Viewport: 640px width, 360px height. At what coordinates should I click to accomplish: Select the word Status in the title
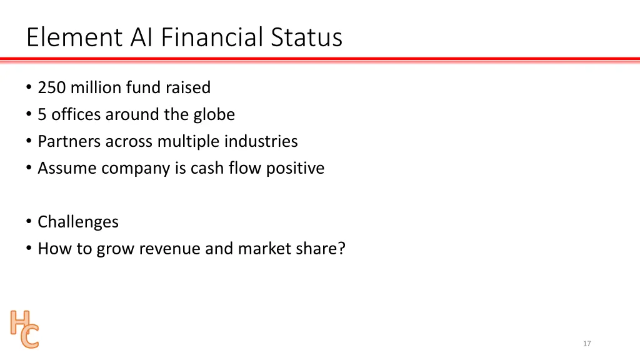(x=306, y=37)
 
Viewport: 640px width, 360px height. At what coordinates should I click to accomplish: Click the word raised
(x=187, y=88)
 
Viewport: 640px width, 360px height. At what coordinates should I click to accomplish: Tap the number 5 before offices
(x=42, y=115)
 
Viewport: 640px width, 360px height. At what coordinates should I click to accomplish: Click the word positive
(x=295, y=169)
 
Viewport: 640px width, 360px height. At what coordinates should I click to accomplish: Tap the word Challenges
(x=78, y=222)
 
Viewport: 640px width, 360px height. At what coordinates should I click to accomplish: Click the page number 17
(x=587, y=344)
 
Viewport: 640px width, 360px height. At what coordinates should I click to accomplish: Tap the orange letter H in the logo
(x=19, y=322)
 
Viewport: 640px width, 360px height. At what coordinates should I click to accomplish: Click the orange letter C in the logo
(x=29, y=337)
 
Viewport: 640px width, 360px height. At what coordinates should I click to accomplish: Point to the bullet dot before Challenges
(x=29, y=222)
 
